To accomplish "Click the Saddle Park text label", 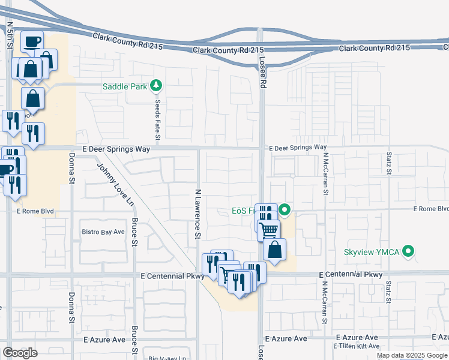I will click(125, 86).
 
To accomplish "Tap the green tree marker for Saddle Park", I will click(156, 86).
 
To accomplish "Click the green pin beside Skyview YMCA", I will click(409, 251).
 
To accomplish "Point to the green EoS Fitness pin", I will click(285, 210).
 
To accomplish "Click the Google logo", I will click(20, 353).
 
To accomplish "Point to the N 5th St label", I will click(10, 36).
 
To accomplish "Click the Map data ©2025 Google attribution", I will click(412, 355).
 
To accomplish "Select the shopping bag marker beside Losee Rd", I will click(274, 250).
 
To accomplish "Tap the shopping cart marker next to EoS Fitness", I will click(268, 229).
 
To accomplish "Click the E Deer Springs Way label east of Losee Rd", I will click(298, 147).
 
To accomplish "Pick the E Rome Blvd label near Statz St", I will click(431, 209).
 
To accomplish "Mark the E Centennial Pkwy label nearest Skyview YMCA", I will click(351, 275).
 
